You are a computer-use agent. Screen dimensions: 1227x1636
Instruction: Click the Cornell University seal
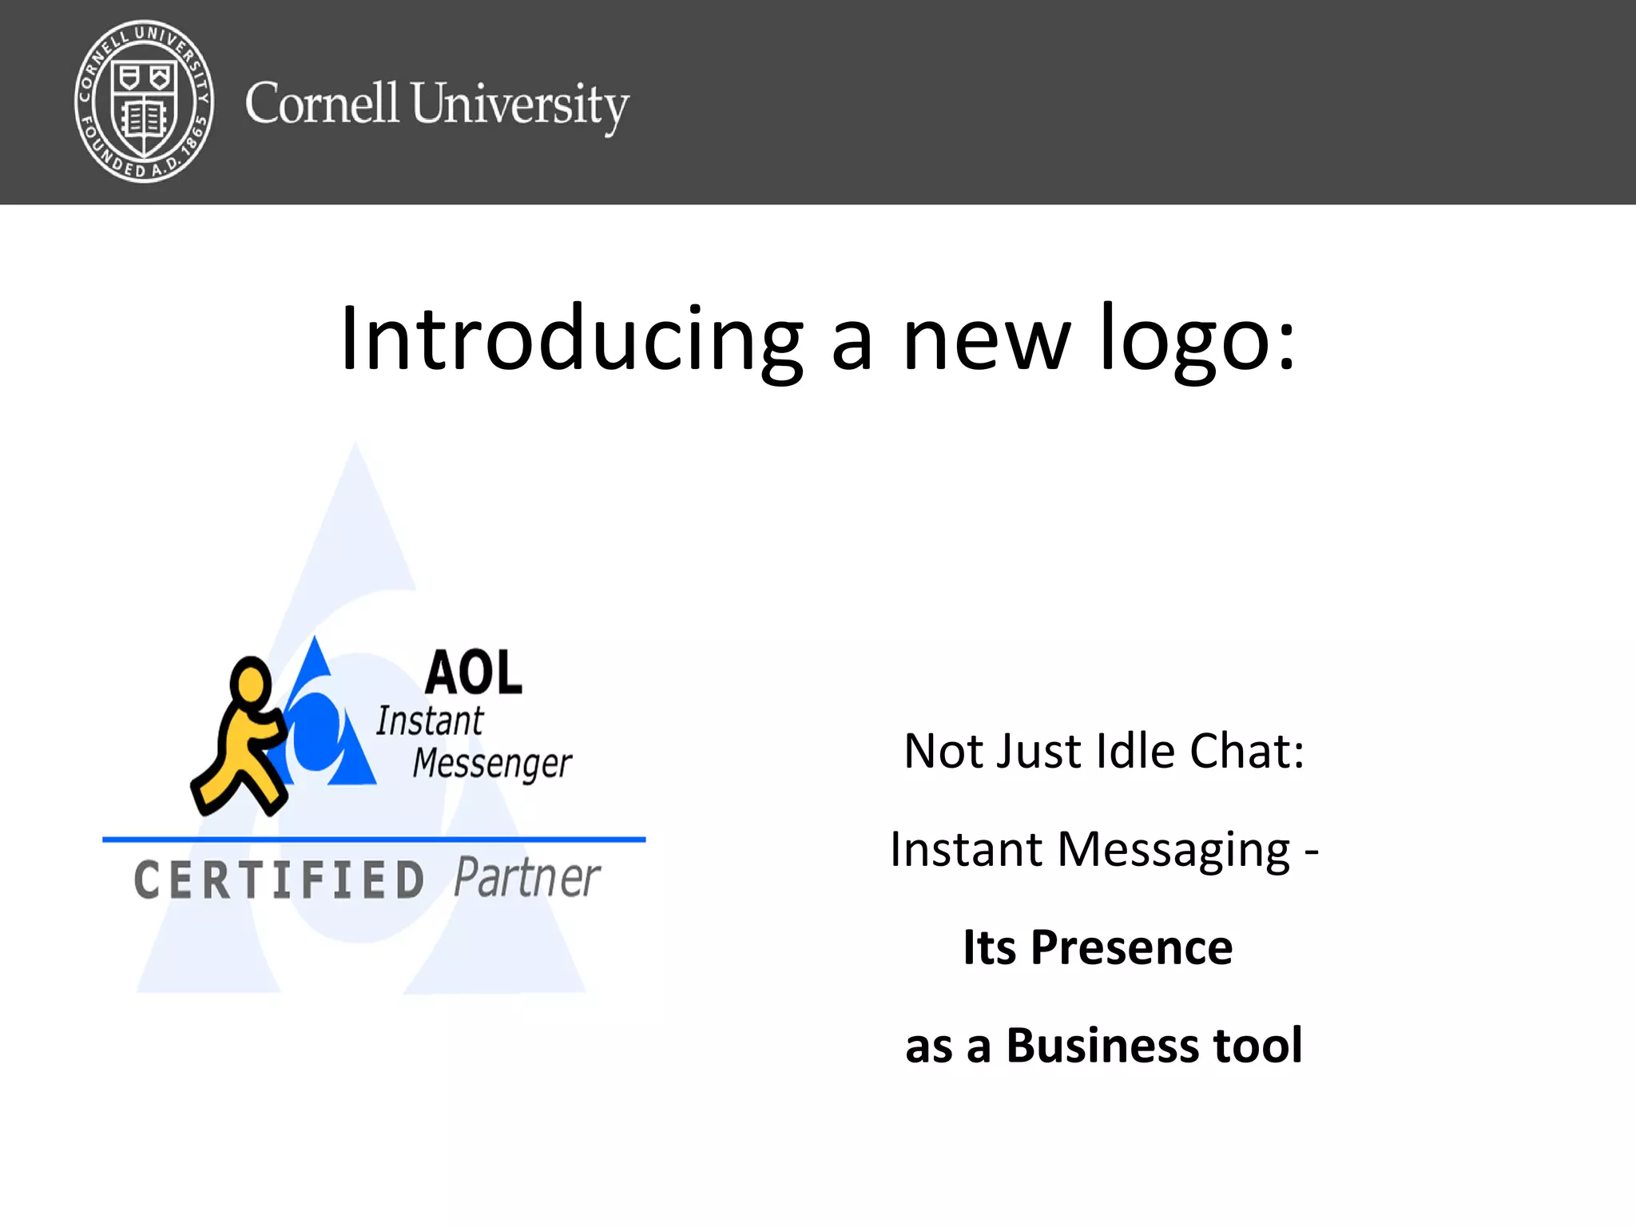pyautogui.click(x=144, y=101)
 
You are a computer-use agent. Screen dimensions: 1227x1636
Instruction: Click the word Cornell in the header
pyautogui.click(x=321, y=104)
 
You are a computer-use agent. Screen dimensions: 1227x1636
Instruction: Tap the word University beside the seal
pyautogui.click(x=520, y=105)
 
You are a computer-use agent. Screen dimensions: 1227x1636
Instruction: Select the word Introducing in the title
pyautogui.click(x=570, y=340)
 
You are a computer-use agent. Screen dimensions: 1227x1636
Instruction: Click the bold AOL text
pyautogui.click(x=474, y=673)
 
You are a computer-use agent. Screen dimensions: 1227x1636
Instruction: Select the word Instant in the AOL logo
pyautogui.click(x=430, y=721)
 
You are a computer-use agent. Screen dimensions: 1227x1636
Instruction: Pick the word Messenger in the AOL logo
pyautogui.click(x=492, y=763)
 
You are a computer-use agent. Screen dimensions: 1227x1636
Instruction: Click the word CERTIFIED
pyautogui.click(x=279, y=880)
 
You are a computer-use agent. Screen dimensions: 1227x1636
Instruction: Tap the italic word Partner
pyautogui.click(x=527, y=879)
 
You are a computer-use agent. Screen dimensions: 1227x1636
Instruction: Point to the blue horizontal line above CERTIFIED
pyautogui.click(x=374, y=840)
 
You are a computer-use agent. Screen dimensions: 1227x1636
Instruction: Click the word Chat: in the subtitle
pyautogui.click(x=1247, y=751)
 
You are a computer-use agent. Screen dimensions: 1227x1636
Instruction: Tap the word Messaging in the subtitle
pyautogui.click(x=1173, y=850)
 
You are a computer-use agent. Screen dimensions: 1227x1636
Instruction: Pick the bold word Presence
pyautogui.click(x=1131, y=947)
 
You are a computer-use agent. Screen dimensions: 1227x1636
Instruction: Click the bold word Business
pyautogui.click(x=1102, y=1045)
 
